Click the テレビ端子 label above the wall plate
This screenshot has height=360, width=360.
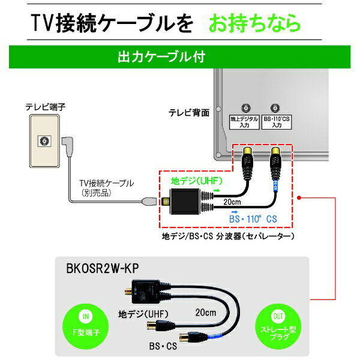(45, 107)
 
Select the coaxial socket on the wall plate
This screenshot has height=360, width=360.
(43, 141)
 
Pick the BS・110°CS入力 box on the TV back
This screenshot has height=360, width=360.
(277, 123)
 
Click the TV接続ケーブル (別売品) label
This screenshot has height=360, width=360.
(107, 188)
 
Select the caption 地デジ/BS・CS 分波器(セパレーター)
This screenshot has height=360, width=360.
(227, 236)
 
